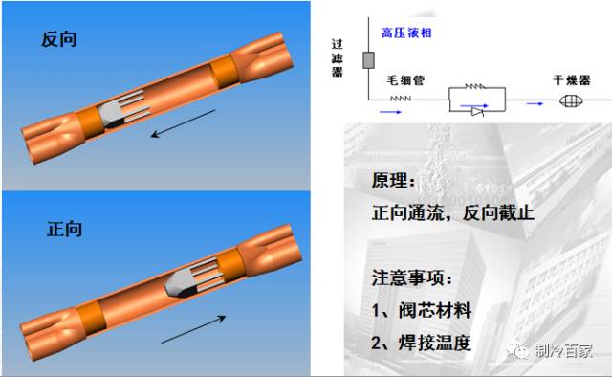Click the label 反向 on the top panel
coord(58,40)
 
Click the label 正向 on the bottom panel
coord(64,230)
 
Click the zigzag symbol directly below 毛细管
coord(401,98)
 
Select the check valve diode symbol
coord(478,111)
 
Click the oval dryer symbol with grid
coord(570,99)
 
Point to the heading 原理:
coord(395,181)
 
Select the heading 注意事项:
coord(414,277)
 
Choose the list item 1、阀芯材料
coord(422,310)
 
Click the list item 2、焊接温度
coord(422,342)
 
